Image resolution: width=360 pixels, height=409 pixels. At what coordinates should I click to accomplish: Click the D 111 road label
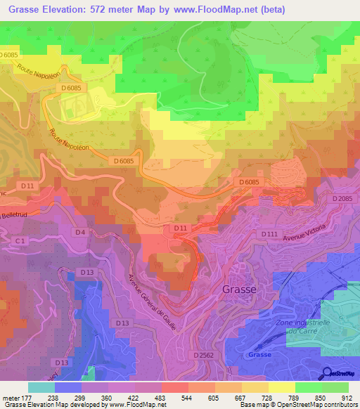tap(269, 233)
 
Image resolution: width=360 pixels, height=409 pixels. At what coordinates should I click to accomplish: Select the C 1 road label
tap(22, 241)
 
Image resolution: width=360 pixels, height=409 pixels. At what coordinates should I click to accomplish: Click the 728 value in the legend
tap(268, 397)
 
